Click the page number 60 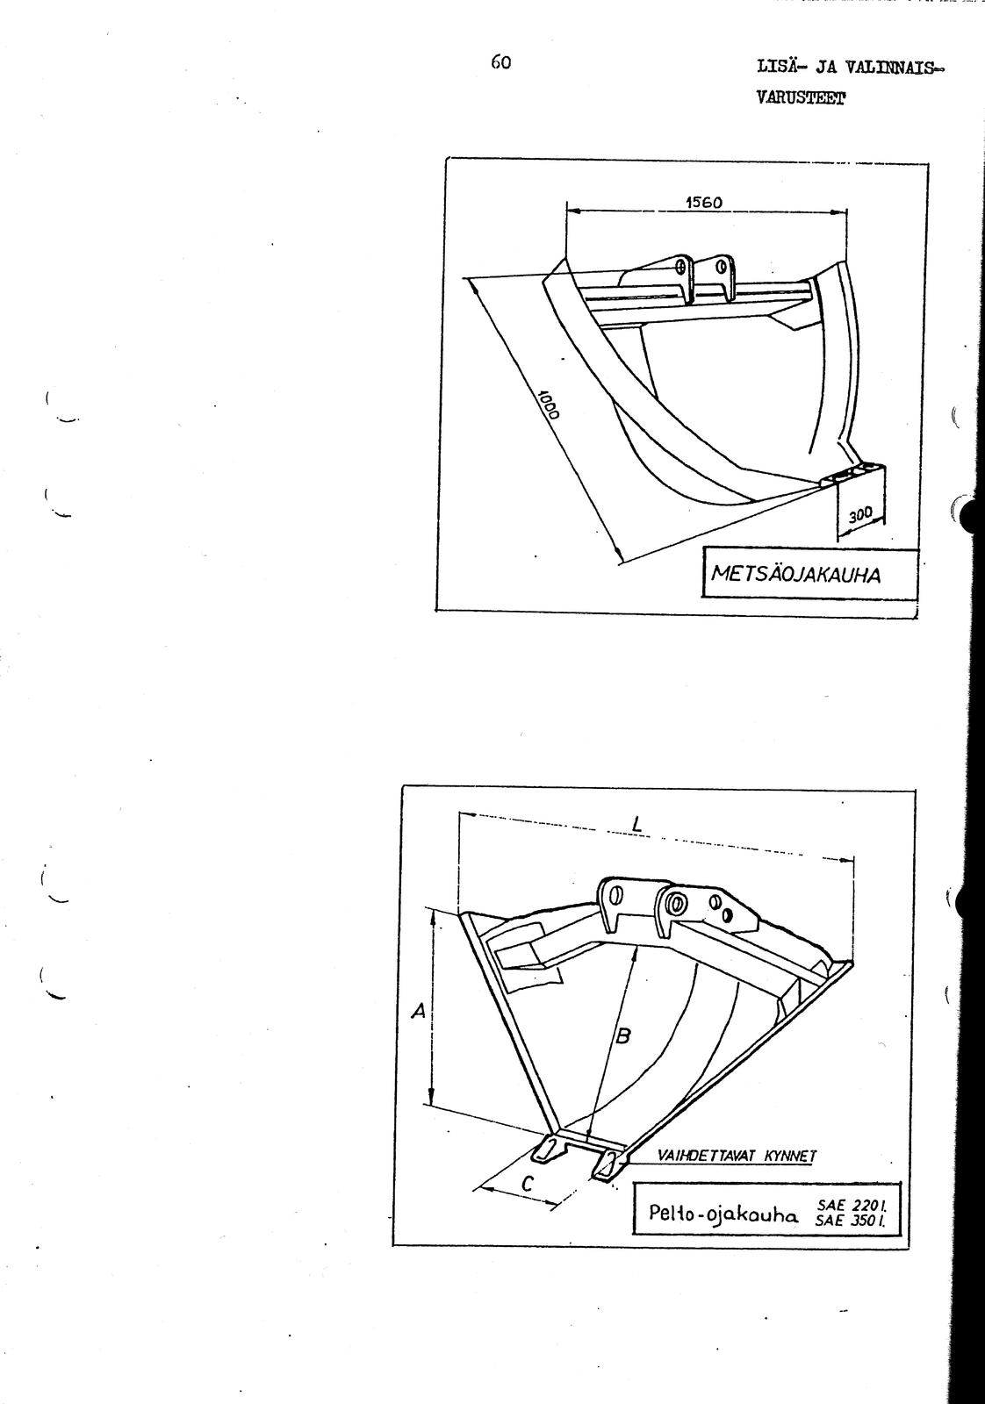pos(501,62)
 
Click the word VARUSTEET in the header pos(800,98)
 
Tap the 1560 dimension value pos(703,202)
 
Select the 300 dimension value pos(861,514)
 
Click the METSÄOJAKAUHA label pos(795,574)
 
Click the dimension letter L pos(637,826)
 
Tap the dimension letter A pos(419,1010)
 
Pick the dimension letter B pos(622,1036)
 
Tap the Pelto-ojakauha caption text pos(723,1214)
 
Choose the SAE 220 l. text pos(851,1205)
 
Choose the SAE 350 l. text pos(851,1220)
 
